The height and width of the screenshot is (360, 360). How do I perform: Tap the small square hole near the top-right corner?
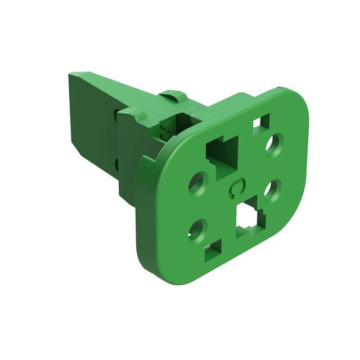point(260,121)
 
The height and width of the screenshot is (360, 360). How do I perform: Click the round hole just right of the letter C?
point(272,190)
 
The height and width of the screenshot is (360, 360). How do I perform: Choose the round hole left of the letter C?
point(199,183)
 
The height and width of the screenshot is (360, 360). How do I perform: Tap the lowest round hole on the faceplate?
point(198,229)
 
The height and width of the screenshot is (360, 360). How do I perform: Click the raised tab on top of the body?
point(172,95)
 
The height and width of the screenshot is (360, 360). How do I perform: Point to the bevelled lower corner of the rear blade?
point(84,169)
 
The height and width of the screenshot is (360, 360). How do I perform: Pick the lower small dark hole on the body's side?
point(116,164)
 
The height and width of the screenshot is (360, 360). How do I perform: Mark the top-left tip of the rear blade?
point(72,74)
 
